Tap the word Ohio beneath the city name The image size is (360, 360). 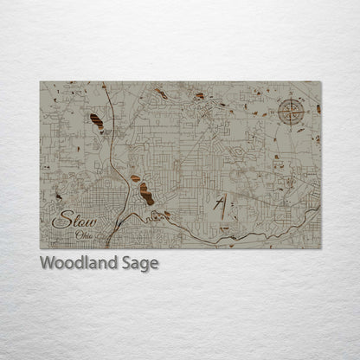[x=84, y=235]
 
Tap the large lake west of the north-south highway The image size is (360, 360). [x=96, y=122]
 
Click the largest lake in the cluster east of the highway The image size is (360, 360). [x=146, y=195]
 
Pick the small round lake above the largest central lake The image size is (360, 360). [x=135, y=178]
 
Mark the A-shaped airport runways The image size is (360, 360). [x=221, y=208]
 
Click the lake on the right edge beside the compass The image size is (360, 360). [x=318, y=110]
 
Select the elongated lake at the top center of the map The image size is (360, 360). [x=160, y=92]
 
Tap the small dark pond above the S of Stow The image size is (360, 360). [x=59, y=197]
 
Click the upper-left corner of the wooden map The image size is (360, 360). [x=41, y=82]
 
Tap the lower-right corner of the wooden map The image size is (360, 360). [x=320, y=247]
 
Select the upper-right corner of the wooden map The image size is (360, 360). [x=320, y=82]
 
